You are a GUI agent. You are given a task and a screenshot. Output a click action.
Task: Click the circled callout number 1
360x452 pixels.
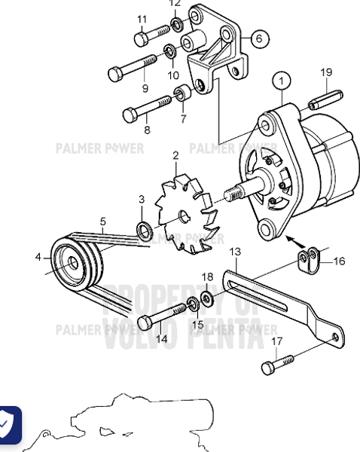click(282, 78)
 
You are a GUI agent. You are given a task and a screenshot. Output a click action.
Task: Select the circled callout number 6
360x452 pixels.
click(258, 37)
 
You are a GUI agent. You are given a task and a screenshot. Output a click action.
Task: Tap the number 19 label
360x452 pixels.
click(325, 72)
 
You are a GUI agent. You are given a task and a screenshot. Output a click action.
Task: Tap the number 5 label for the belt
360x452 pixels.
click(102, 221)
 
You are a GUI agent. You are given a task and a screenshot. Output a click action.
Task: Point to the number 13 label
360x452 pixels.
click(235, 251)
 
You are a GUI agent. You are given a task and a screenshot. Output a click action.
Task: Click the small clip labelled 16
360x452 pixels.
click(309, 260)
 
